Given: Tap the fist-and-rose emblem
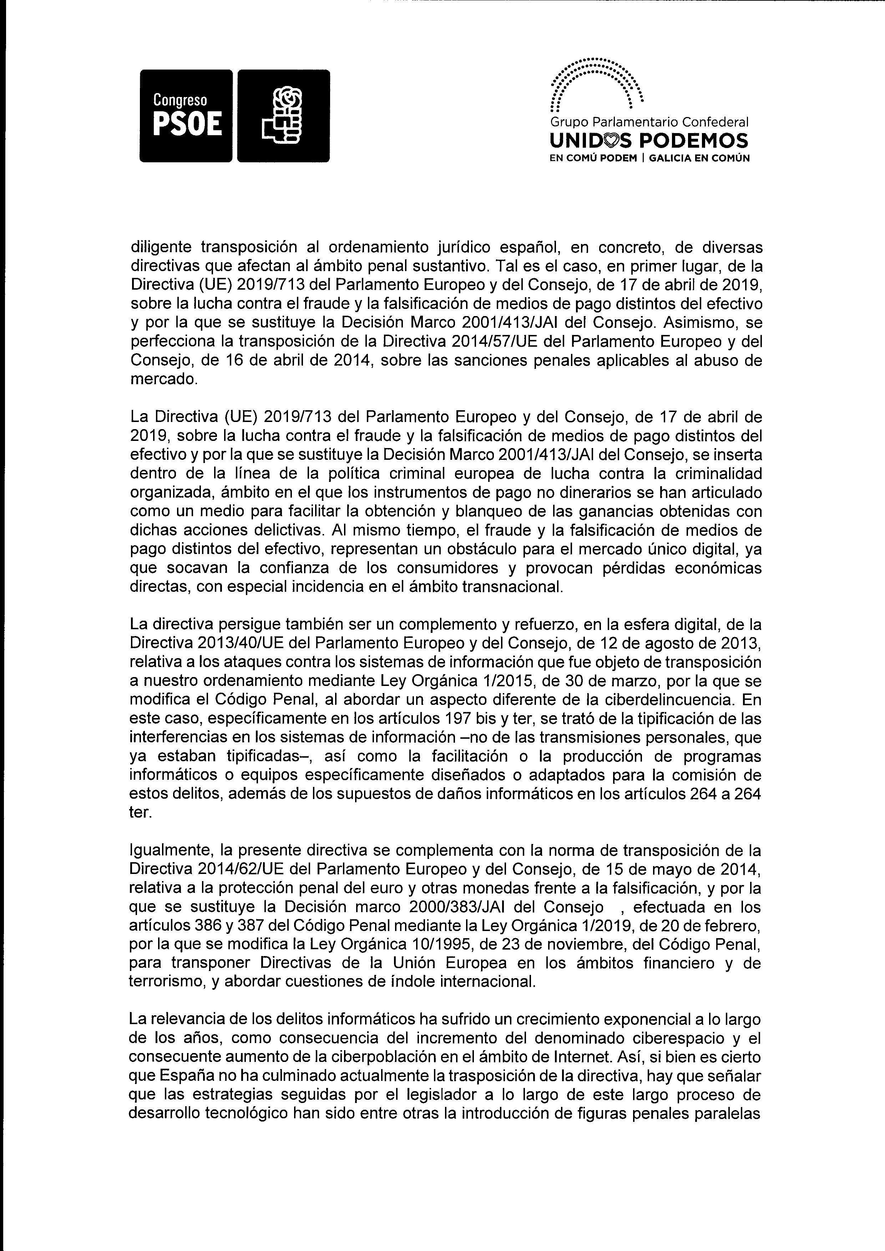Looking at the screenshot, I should coord(284,116).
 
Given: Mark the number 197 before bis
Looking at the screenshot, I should coord(454,719).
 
